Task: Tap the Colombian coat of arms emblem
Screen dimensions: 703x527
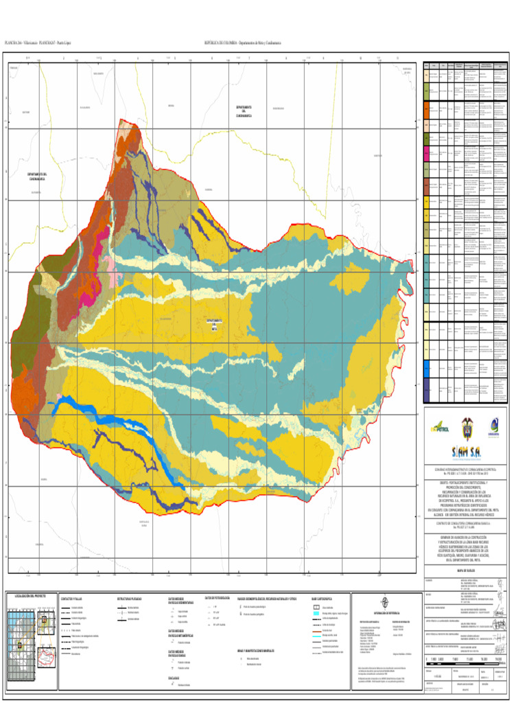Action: [467, 425]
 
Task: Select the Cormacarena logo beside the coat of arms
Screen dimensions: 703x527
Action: [493, 426]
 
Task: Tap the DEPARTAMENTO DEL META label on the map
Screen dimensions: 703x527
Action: [215, 324]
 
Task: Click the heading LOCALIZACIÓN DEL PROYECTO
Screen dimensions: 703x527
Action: [30, 596]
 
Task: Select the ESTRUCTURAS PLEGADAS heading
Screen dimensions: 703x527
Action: [130, 598]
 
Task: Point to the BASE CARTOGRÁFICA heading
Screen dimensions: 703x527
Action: [323, 598]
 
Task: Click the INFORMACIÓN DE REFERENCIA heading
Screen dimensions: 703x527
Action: [384, 613]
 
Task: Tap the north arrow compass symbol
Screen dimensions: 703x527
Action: [384, 602]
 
